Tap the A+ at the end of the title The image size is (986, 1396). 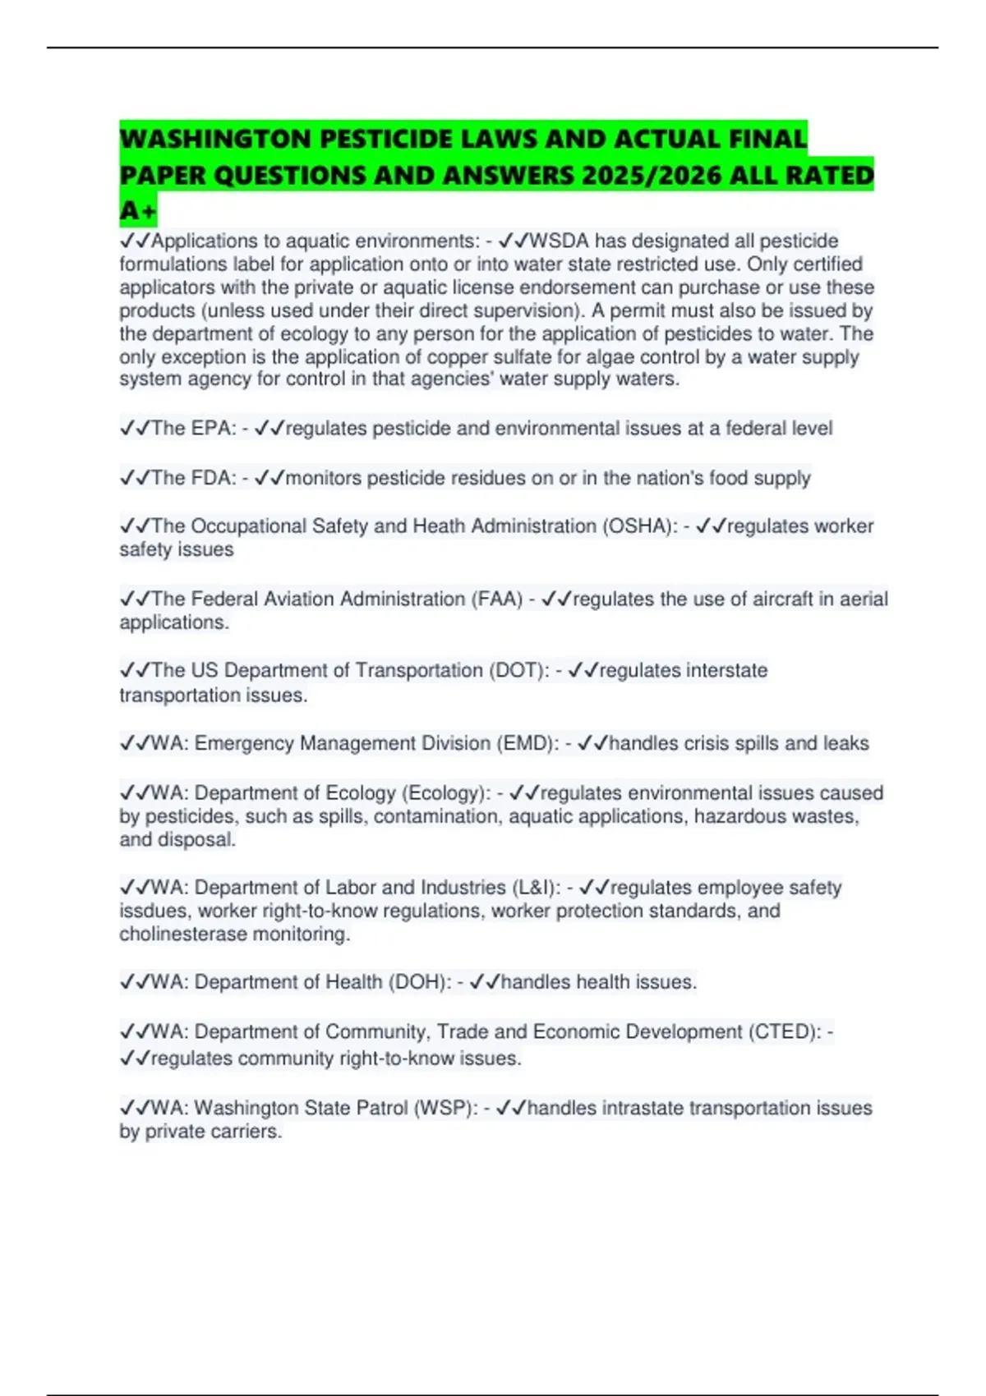click(x=137, y=212)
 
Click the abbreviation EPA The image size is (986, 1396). click(x=214, y=429)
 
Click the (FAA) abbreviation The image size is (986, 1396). click(x=496, y=599)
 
